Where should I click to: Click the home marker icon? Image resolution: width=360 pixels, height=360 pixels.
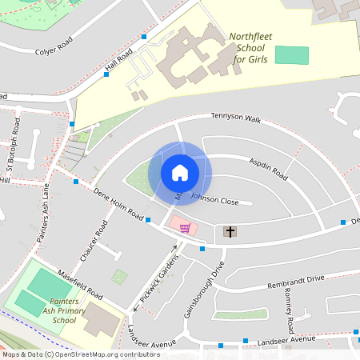click(180, 172)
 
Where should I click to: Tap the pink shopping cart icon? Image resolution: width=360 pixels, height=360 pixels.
click(185, 228)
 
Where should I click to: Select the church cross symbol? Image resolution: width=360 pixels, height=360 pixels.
click(230, 232)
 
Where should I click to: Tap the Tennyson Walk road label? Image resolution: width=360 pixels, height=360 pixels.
click(236, 118)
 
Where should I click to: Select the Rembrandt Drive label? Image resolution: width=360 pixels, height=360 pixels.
click(296, 278)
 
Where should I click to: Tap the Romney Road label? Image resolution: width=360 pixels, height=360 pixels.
click(289, 311)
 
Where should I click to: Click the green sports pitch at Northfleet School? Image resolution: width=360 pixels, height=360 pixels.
click(291, 55)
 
